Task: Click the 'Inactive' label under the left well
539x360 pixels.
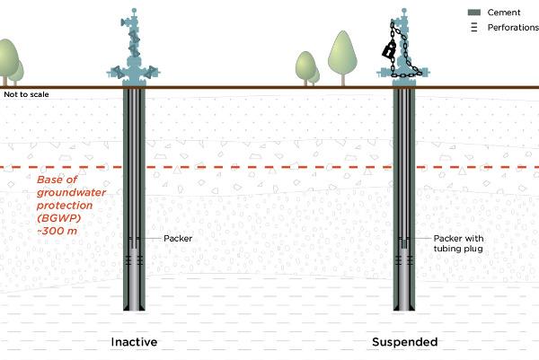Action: tap(135, 342)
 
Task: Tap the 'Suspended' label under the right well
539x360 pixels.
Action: tap(405, 342)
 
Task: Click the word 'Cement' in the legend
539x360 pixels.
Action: tap(503, 12)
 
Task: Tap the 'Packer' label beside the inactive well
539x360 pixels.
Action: tap(178, 239)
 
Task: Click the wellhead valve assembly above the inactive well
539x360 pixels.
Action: tap(134, 49)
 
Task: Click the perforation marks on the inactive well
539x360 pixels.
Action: tap(134, 259)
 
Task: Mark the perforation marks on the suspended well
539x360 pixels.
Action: tap(405, 259)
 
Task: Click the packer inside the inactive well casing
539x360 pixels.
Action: tap(134, 239)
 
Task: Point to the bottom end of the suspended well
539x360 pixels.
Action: tap(405, 308)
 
